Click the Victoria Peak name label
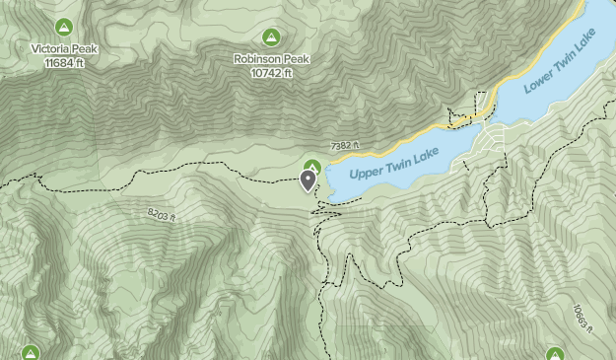click(x=64, y=47)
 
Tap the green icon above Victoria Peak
click(x=64, y=26)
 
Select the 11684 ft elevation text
click(x=64, y=62)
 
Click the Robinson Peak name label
click(x=271, y=58)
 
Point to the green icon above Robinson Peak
click(x=271, y=36)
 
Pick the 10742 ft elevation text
click(x=271, y=73)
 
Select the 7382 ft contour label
click(x=347, y=146)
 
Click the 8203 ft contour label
click(x=162, y=214)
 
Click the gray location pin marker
click(x=308, y=180)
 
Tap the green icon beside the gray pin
click(x=313, y=166)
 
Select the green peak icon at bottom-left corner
click(x=30, y=352)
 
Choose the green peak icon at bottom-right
click(x=555, y=353)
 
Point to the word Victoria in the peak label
click(x=53, y=47)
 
